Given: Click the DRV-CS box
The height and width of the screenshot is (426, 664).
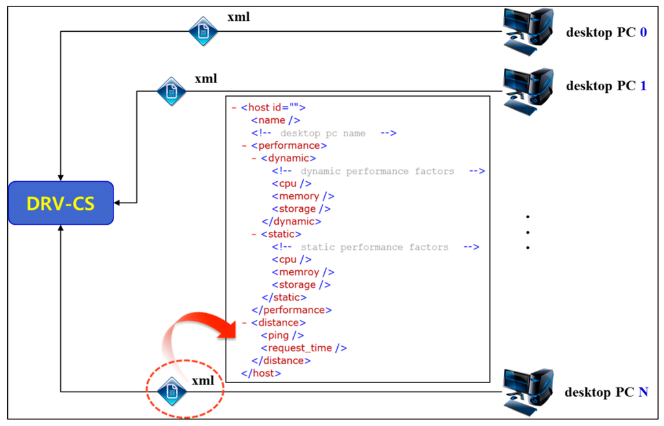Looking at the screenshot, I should pos(61,203).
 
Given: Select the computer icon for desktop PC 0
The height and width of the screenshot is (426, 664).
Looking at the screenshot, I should pos(528,29).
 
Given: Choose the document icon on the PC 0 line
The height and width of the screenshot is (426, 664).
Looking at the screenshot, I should pos(203,31).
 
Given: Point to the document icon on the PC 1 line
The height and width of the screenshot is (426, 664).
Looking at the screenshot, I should pos(172,91).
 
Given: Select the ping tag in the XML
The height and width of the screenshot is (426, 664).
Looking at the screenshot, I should pos(282,335).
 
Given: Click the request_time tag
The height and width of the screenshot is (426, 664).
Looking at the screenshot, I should pos(304,348).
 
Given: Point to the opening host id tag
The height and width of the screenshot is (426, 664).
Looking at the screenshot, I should pos(272,108).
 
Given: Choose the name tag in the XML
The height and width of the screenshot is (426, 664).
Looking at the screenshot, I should pos(276,120).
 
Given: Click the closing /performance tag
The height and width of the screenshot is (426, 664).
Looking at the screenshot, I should pos(291,310).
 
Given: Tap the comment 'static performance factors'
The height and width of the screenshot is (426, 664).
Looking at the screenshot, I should pos(375,247).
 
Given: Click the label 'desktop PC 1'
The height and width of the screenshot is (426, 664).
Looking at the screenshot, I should pos(606,86).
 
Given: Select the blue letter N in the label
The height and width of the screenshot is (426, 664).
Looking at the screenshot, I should pos(643,392).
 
